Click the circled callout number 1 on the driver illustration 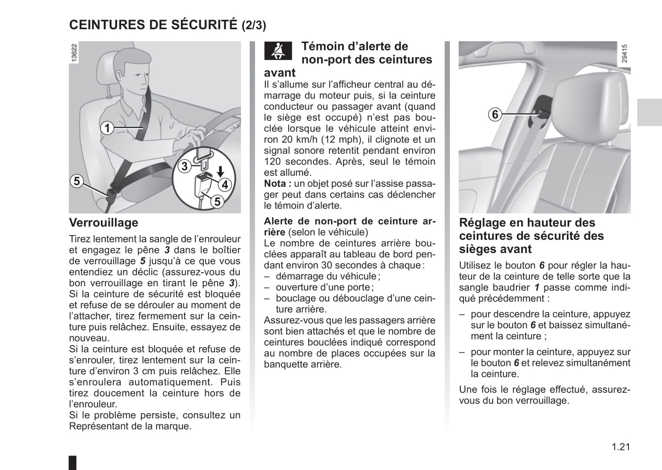click(107, 128)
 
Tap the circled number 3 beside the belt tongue click(185, 166)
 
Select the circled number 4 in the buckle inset click(224, 185)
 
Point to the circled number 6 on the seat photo click(495, 114)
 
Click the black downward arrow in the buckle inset click(221, 171)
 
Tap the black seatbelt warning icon click(278, 51)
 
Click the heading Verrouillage click(104, 223)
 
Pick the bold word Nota click(276, 184)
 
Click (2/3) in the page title click(253, 25)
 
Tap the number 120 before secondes click(273, 162)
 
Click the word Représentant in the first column click(98, 426)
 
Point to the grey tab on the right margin click(649, 112)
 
